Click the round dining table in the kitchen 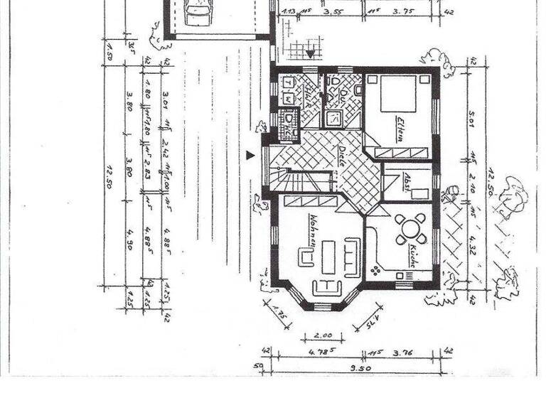pos(411,229)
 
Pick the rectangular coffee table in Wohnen pos(328,257)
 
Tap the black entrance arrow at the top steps pos(310,53)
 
